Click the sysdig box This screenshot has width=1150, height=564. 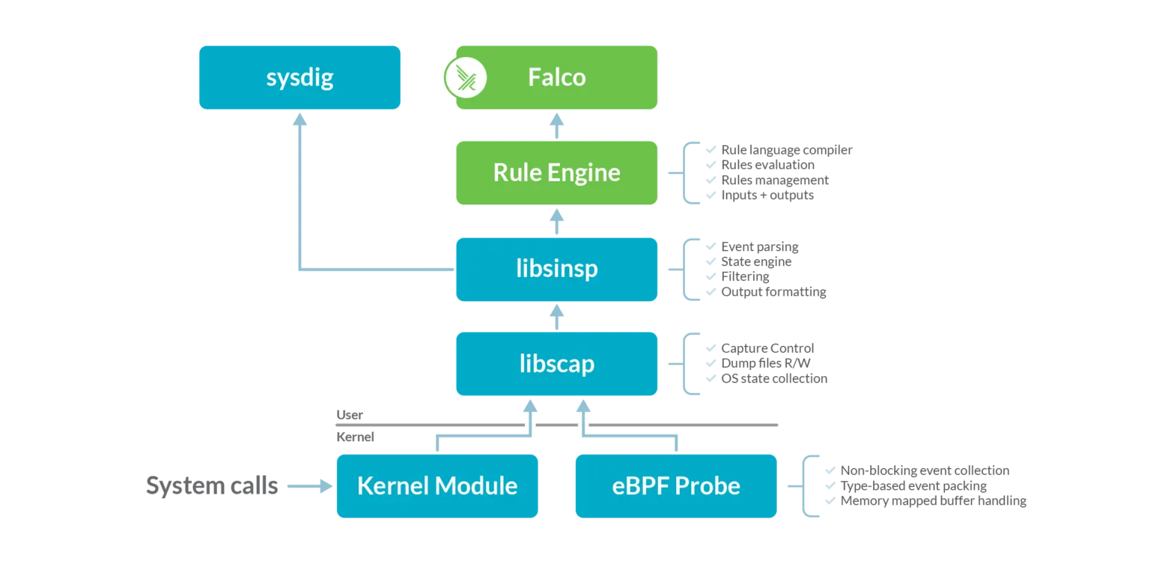pyautogui.click(x=299, y=78)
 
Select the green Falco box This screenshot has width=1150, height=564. pyautogui.click(x=557, y=78)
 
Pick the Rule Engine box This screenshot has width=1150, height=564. pyautogui.click(x=556, y=173)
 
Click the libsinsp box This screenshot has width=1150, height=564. pyautogui.click(x=556, y=270)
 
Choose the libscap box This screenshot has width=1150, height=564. pyautogui.click(x=556, y=364)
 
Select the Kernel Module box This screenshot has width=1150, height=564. pyautogui.click(x=437, y=486)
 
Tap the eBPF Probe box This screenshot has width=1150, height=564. pyautogui.click(x=676, y=486)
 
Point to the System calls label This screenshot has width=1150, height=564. pyautogui.click(x=212, y=486)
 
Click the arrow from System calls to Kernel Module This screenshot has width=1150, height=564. pyautogui.click(x=311, y=486)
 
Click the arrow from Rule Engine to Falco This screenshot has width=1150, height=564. pyautogui.click(x=556, y=125)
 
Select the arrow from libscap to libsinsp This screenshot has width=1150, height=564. pyautogui.click(x=556, y=316)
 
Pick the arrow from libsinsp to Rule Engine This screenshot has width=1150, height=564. pyautogui.click(x=556, y=221)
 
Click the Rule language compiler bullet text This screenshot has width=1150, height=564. pyautogui.click(x=786, y=150)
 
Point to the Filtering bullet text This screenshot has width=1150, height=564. pyautogui.click(x=745, y=277)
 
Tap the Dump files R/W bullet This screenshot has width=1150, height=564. pyautogui.click(x=765, y=363)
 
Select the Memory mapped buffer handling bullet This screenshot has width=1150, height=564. pyautogui.click(x=933, y=500)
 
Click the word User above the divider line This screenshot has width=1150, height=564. pyautogui.click(x=350, y=415)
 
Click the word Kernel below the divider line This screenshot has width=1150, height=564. pyautogui.click(x=356, y=437)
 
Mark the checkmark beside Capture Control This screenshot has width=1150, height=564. pyautogui.click(x=711, y=348)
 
